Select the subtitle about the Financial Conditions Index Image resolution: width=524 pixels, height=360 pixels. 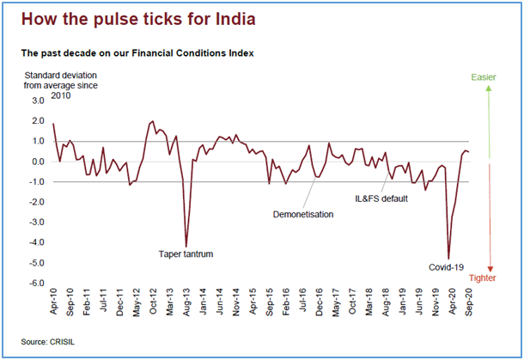137,53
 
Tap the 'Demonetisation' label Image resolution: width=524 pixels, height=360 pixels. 302,213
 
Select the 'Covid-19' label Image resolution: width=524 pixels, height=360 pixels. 447,267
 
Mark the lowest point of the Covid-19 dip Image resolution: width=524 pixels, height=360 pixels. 449,258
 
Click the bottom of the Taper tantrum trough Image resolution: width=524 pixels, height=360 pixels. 186,247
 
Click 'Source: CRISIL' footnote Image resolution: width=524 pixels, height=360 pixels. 50,342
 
